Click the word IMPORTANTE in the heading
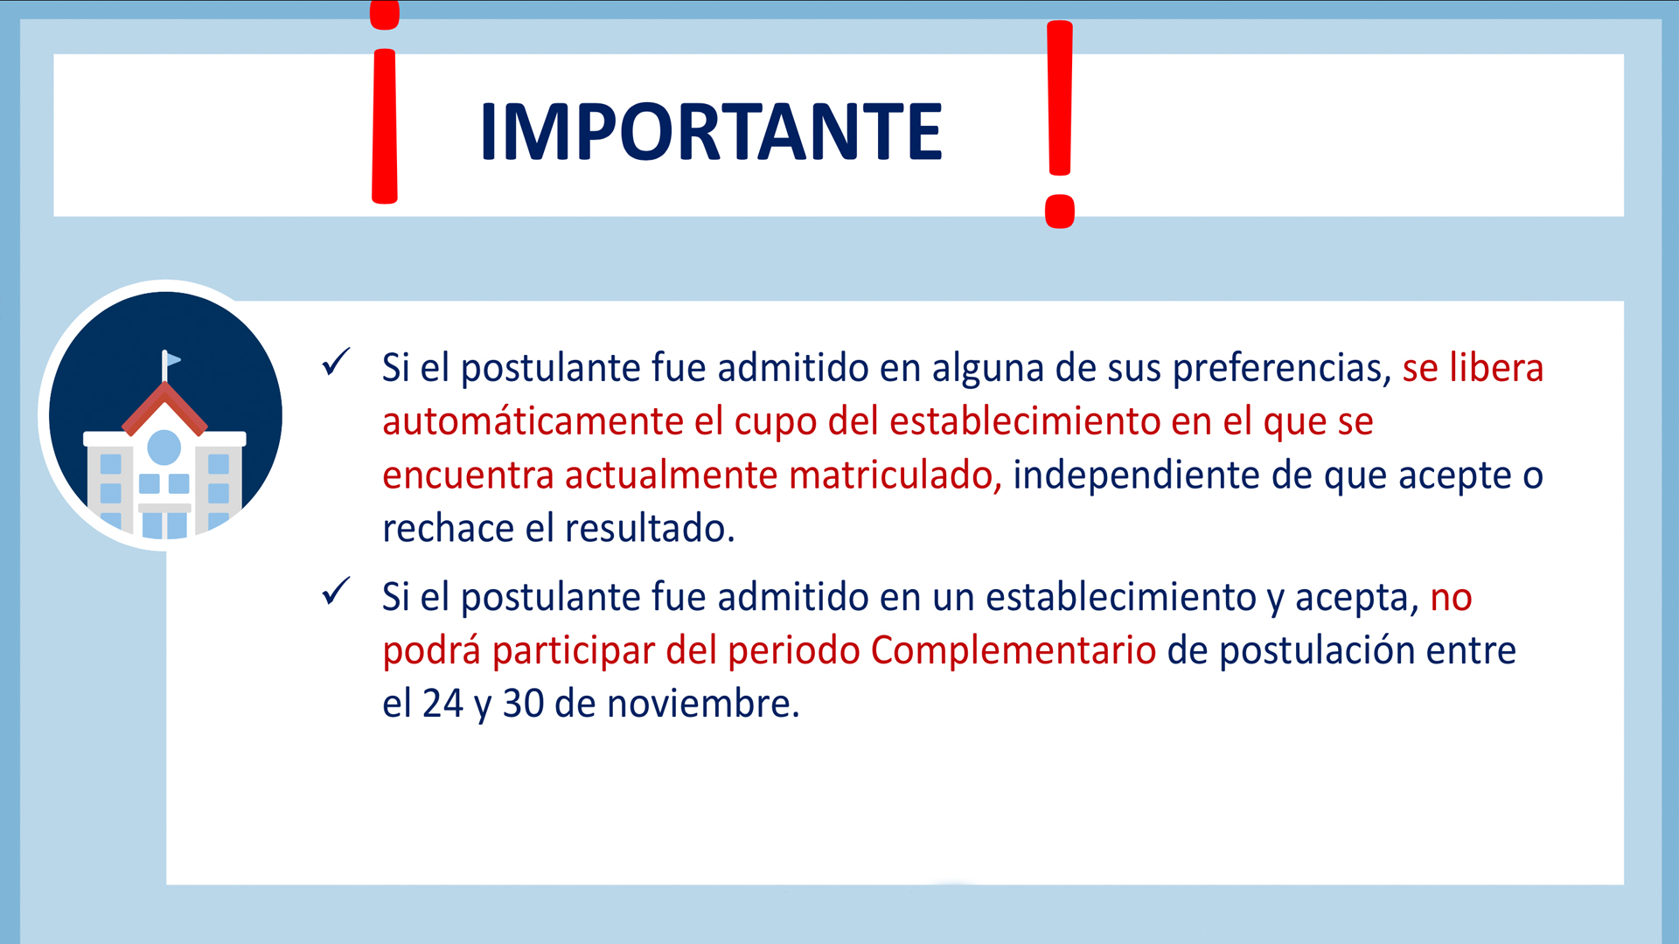point(711,132)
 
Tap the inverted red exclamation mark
point(385,103)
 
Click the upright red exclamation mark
point(1060,124)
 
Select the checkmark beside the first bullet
point(336,362)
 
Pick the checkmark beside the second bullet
point(336,591)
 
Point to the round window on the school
point(164,448)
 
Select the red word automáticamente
point(533,422)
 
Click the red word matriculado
point(895,475)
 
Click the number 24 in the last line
point(442,705)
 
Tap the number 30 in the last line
point(523,705)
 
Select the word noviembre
point(704,705)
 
